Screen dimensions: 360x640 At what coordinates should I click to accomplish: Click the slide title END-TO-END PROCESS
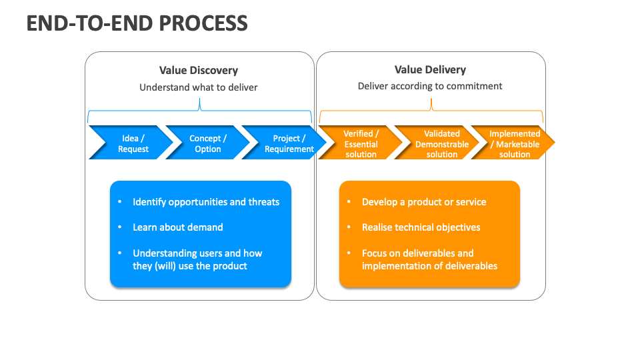[x=137, y=23]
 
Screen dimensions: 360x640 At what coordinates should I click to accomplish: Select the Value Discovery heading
[x=198, y=70]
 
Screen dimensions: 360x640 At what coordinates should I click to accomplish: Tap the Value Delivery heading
[x=430, y=69]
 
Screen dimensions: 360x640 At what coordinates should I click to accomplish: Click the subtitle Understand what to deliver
[x=198, y=87]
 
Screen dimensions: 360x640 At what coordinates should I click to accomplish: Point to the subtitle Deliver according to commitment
[x=430, y=86]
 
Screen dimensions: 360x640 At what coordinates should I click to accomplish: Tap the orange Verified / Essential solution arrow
[x=361, y=143]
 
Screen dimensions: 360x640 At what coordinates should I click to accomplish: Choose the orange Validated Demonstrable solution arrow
[x=441, y=143]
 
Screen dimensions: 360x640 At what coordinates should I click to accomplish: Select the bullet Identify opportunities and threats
[x=206, y=202]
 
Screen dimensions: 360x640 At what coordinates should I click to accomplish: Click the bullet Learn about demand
[x=177, y=227]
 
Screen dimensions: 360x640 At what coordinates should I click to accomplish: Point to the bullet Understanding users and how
[x=197, y=253]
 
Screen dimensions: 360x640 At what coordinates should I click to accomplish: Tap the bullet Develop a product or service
[x=424, y=202]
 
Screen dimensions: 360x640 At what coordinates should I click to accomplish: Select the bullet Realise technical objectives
[x=421, y=227]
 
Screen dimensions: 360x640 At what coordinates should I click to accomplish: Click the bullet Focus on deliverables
[x=417, y=253]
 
